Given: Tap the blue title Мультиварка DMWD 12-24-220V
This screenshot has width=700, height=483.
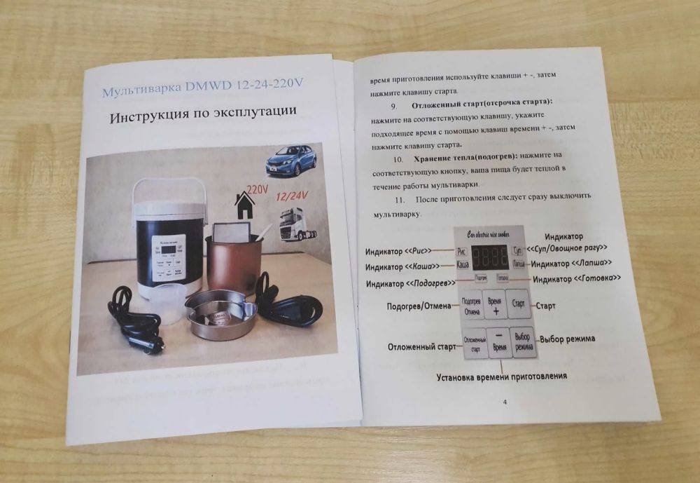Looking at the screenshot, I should (204, 88).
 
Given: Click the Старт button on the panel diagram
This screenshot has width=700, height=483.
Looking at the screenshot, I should (519, 305).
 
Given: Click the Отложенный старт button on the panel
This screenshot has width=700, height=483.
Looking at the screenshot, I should (475, 344).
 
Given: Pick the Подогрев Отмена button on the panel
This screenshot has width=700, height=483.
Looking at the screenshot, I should (471, 306).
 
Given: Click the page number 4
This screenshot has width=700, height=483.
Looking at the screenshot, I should (504, 402).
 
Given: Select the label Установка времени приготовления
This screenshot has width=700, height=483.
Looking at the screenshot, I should (501, 376).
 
